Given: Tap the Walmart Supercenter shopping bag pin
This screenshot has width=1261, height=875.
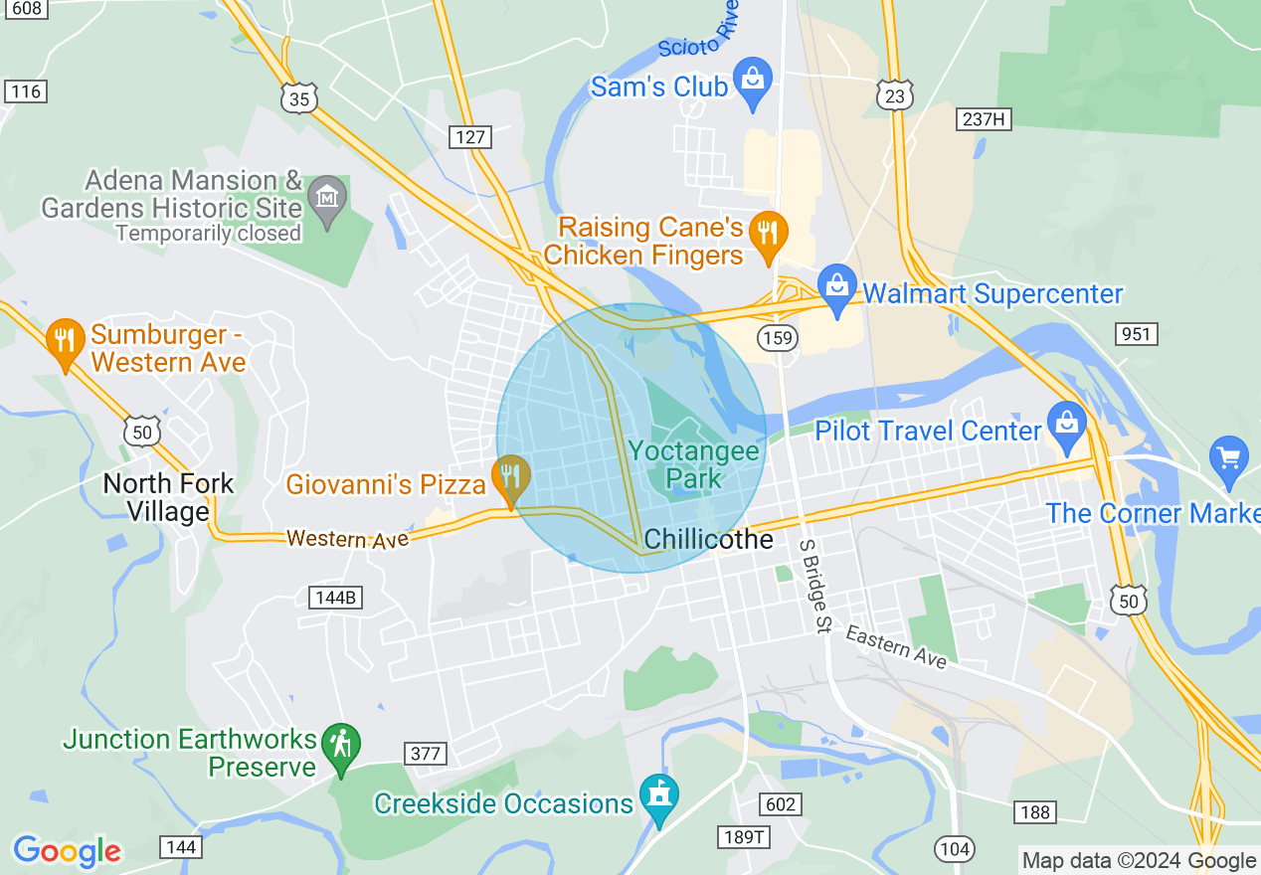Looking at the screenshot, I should click(x=837, y=289).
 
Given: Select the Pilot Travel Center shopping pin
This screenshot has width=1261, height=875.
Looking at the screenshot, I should click(x=1067, y=426).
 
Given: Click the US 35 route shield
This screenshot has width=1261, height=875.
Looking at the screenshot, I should click(x=298, y=97).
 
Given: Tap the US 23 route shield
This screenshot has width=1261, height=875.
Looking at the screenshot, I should click(x=895, y=94).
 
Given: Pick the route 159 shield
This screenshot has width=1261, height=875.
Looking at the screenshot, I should click(x=778, y=338).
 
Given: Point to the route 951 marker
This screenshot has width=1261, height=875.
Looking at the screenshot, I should click(x=1136, y=333).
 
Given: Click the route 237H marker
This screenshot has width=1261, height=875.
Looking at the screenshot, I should click(x=985, y=119).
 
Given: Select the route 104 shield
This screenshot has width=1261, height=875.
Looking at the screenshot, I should click(x=954, y=848).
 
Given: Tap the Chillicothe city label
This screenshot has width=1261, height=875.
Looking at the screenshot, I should click(x=708, y=539).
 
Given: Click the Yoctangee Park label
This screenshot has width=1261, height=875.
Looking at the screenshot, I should click(x=693, y=464).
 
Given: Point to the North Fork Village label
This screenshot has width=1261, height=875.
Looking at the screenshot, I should click(x=169, y=497).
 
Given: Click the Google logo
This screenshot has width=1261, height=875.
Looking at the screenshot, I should click(x=67, y=851).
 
